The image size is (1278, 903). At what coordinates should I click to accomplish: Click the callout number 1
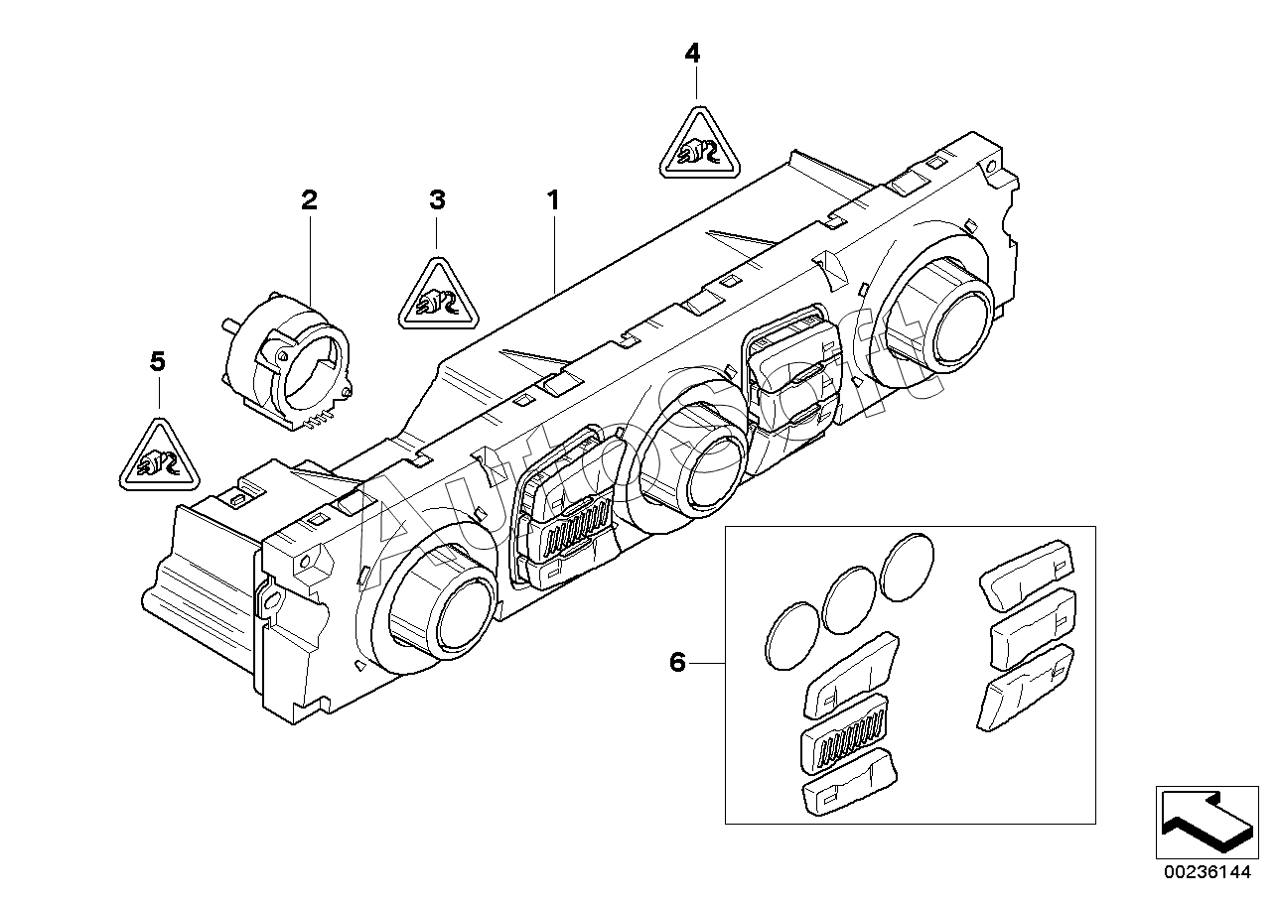[553, 200]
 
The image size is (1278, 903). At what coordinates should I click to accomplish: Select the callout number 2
[309, 200]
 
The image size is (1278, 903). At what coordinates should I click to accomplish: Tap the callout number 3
[437, 200]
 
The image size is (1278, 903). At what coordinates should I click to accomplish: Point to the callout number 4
[692, 53]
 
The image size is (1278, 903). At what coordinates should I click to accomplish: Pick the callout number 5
[158, 361]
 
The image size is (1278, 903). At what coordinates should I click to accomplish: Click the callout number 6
[677, 663]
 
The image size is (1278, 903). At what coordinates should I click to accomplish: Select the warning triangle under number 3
[438, 297]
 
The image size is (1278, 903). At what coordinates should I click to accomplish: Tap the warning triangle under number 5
[159, 457]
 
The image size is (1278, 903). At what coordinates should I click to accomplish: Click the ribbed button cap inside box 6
[844, 741]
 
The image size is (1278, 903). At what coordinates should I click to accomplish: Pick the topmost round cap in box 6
[907, 567]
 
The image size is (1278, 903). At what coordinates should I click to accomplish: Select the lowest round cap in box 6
[791, 636]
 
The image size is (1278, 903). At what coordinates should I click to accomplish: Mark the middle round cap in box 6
[850, 599]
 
